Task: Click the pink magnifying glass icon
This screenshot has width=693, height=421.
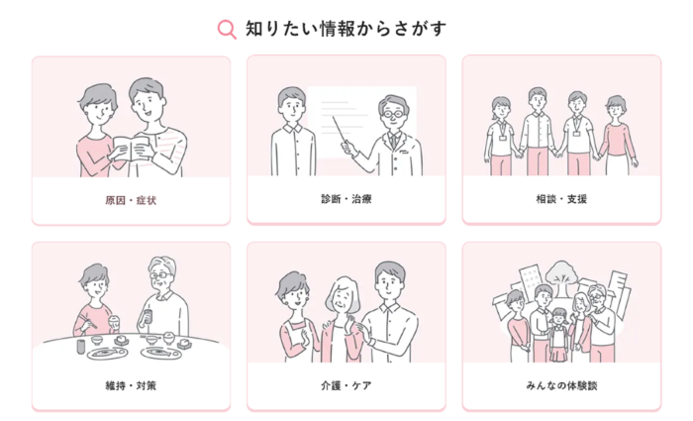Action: click(227, 30)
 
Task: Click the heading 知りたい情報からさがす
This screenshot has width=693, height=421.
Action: click(346, 29)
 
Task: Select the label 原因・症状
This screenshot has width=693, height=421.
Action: click(131, 200)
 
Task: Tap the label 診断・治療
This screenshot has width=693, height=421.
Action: click(346, 199)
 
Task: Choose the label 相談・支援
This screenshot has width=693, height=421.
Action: click(561, 199)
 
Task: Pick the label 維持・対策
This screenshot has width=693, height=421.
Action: click(131, 385)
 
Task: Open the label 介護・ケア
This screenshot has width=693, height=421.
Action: click(346, 385)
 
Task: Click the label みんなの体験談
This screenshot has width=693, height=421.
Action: click(561, 385)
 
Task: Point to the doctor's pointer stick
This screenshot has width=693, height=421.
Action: click(341, 130)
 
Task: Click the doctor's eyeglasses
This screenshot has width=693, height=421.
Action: click(393, 114)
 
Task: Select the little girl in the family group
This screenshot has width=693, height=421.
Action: click(559, 335)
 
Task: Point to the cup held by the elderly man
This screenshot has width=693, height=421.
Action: click(148, 317)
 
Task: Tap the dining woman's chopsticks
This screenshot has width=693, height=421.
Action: click(87, 322)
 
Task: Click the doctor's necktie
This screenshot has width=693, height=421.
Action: click(393, 142)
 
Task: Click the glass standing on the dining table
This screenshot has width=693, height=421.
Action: click(80, 347)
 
